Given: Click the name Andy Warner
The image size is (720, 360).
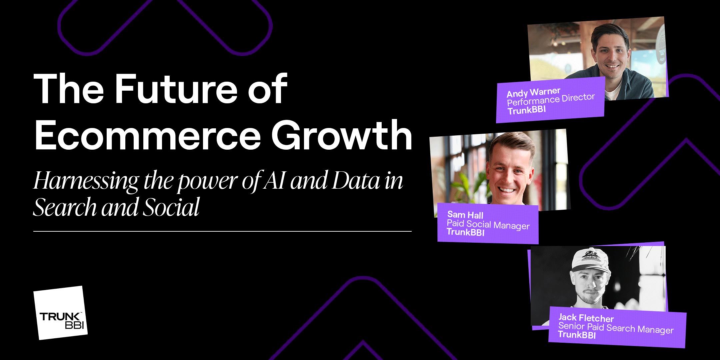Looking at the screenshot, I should [533, 92].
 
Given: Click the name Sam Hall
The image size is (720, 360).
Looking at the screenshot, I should [465, 215].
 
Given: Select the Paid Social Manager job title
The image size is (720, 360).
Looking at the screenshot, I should [488, 224].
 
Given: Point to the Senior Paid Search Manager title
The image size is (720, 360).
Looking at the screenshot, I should [616, 328].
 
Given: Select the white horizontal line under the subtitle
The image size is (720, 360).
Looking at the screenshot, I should [222, 231].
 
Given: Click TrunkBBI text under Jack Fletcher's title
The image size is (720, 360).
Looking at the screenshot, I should [577, 335].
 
